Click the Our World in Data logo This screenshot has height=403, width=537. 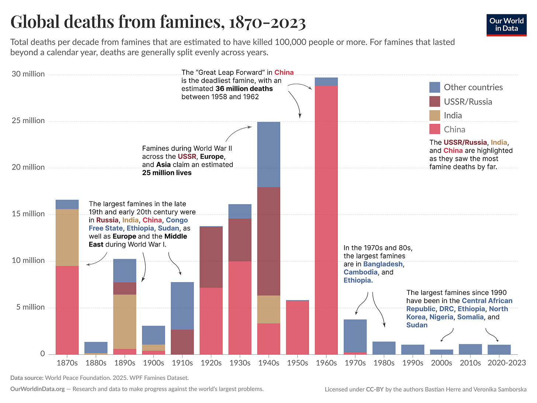506,25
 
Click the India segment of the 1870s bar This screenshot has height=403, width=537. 67,237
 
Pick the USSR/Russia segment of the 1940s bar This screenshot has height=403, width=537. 268,241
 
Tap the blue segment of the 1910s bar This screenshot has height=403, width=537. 182,306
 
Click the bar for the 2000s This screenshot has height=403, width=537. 441,352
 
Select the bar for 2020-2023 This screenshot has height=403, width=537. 499,349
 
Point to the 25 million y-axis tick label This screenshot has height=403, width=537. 28,121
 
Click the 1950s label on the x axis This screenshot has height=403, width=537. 297,363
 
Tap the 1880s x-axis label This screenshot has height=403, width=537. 96,363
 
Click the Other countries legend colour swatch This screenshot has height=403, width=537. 435,87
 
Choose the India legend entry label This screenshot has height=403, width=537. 453,115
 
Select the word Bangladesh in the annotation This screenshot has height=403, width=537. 383,264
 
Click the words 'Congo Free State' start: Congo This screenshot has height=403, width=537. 177,220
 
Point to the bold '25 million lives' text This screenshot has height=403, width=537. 167,173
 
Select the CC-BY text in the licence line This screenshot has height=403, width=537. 374,389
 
